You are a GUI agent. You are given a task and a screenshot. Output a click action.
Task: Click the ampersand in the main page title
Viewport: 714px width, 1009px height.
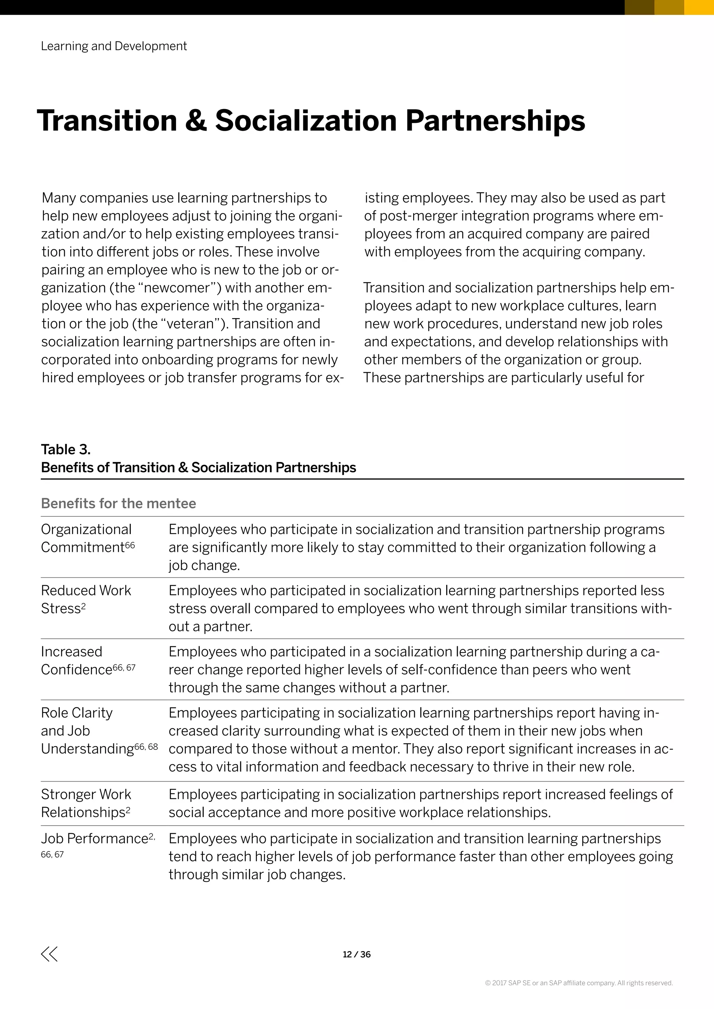(x=196, y=121)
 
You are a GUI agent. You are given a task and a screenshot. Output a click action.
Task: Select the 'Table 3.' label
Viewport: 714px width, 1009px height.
(x=66, y=449)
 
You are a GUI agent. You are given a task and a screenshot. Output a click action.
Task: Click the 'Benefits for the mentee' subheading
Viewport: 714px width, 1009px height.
(x=118, y=503)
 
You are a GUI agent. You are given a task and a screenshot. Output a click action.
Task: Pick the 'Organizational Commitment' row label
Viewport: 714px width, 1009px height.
(x=86, y=538)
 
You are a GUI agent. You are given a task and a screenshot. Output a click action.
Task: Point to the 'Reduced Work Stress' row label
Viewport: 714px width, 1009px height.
(x=86, y=599)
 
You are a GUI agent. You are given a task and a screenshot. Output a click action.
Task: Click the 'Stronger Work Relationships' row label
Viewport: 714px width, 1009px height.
(x=86, y=803)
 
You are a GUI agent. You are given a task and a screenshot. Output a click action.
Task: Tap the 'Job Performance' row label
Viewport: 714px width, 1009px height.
(x=95, y=839)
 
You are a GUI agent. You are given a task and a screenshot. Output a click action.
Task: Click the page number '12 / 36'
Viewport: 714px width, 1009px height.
(x=357, y=954)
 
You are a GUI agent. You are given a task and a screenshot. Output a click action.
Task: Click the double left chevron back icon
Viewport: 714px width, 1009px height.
(x=49, y=954)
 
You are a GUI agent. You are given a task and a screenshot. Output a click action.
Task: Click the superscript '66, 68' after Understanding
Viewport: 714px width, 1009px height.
(x=146, y=747)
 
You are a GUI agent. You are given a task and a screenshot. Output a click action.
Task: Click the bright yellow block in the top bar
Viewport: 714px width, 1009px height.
(x=699, y=7)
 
